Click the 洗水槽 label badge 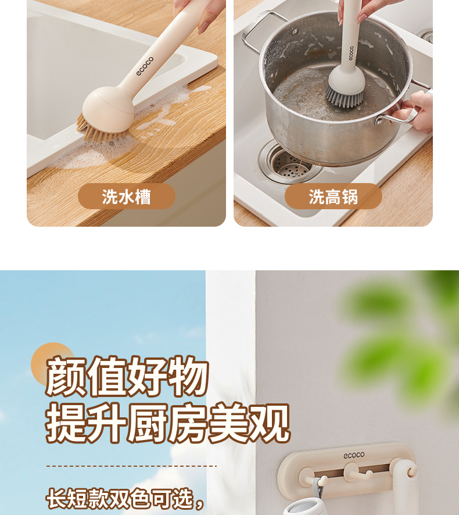[127, 196]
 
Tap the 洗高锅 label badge [334, 196]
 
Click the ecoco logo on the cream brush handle [145, 66]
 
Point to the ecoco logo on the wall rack [354, 455]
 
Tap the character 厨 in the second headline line [148, 423]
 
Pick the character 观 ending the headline [269, 423]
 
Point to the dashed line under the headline [131, 466]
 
